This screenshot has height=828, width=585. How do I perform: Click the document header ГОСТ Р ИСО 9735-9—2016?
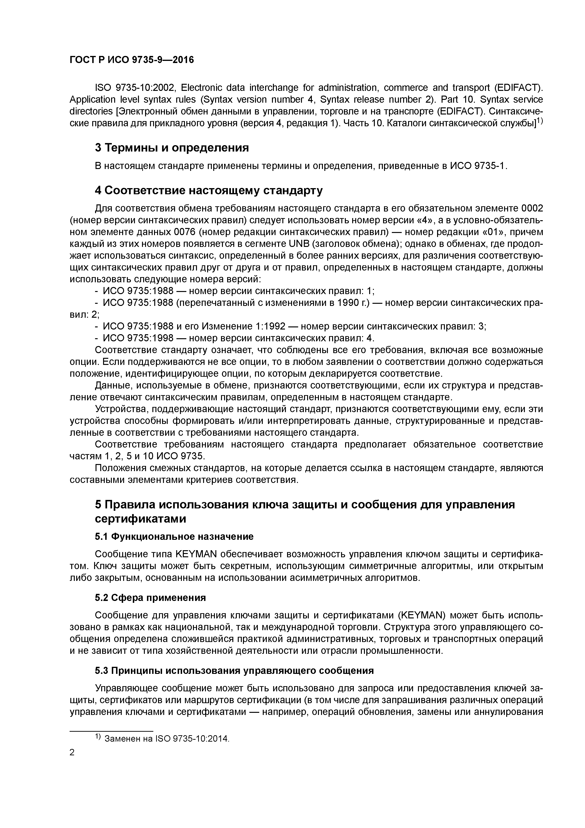[132, 60]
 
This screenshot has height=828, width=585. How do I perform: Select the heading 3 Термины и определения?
[172, 148]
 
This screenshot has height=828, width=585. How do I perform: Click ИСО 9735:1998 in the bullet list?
[138, 338]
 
